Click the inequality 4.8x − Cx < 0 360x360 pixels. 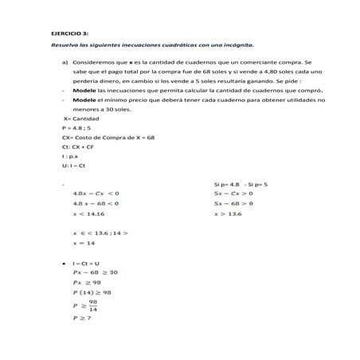coord(95,193)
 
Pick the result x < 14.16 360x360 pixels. coord(88,213)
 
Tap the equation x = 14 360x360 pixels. coord(84,243)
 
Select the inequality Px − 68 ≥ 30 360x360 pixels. coord(95,272)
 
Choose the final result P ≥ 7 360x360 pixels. coord(82,318)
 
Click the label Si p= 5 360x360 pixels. coord(256,184)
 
